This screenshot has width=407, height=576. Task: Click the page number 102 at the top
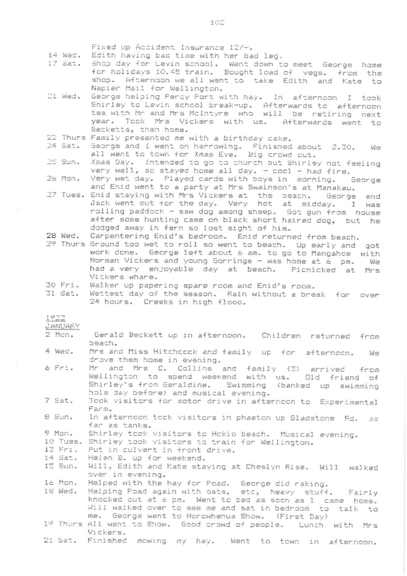pos(217,23)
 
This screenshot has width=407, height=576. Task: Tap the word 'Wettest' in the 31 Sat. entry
pos(107,294)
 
